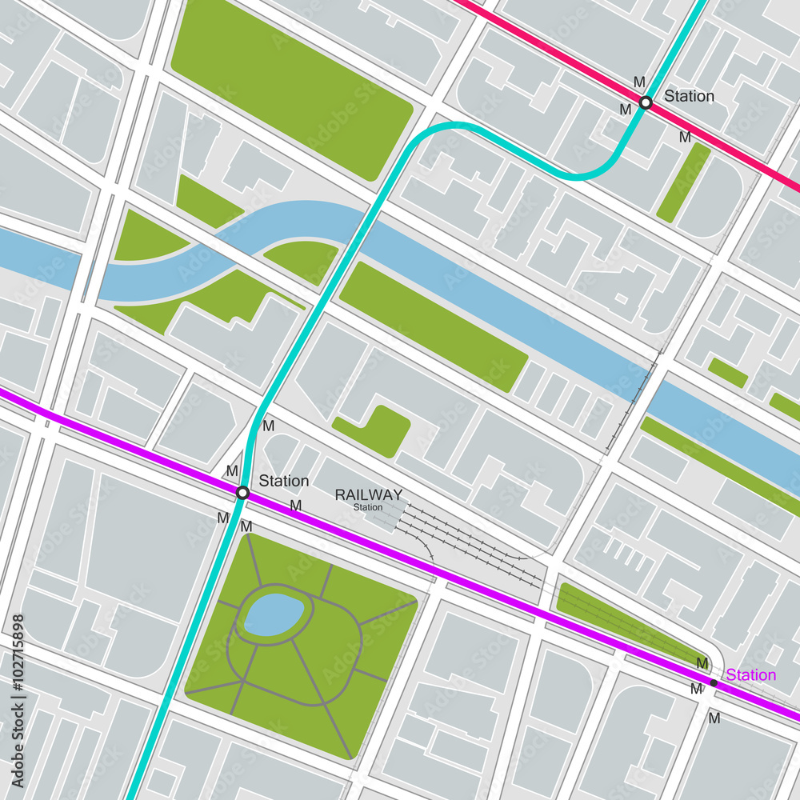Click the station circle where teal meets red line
[646, 102]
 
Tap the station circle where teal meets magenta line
[242, 493]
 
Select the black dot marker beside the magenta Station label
[713, 682]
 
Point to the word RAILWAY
[368, 494]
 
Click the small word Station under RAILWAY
[368, 507]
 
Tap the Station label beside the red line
[689, 96]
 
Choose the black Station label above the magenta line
[283, 481]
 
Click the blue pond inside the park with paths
[274, 614]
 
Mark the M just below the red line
[685, 137]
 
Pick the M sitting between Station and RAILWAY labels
[295, 506]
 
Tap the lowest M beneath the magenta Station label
[714, 718]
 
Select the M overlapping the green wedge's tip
[702, 663]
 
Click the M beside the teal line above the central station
[268, 426]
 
